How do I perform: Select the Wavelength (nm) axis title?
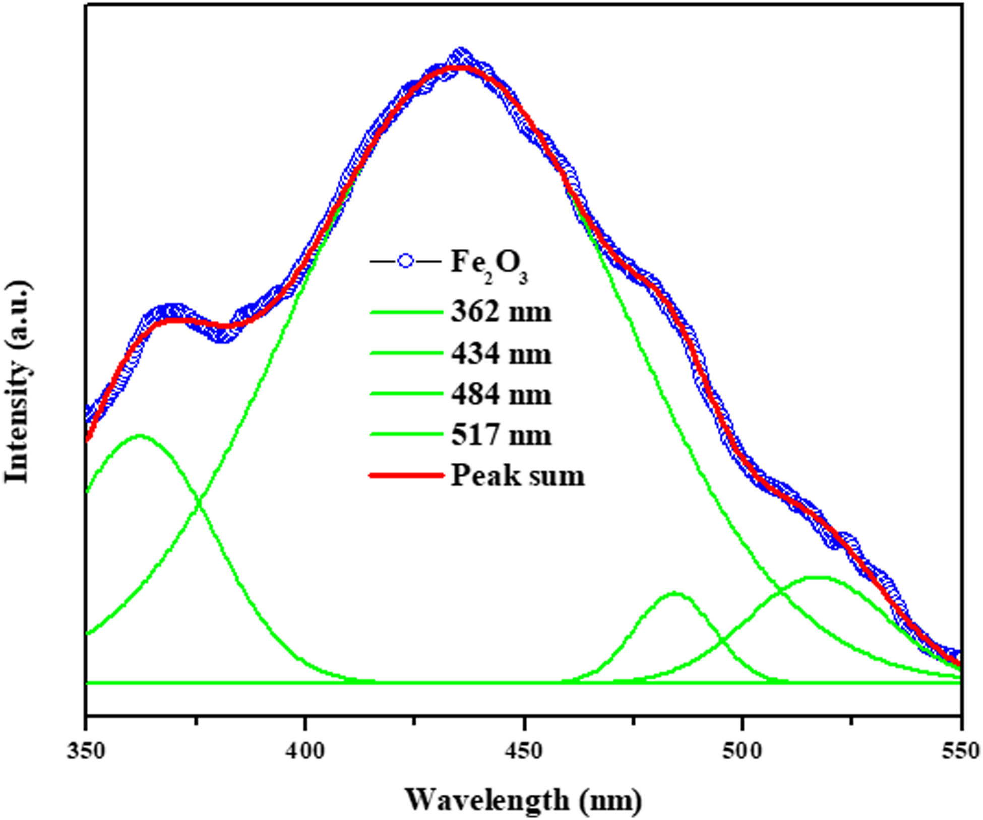coord(524,800)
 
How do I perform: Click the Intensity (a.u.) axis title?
coord(18,382)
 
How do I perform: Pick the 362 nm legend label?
coord(501,312)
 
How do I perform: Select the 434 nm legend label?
coord(501,354)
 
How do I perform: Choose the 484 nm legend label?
coord(501,394)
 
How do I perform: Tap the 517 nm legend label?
coord(501,435)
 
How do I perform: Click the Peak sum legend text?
coord(517,475)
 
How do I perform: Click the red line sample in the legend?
coord(406,475)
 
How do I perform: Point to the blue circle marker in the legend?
coord(406,261)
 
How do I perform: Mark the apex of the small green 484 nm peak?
coord(675,593)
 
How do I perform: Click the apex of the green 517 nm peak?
coord(819,577)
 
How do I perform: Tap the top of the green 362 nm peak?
coord(140,435)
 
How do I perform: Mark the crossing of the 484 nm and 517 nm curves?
coord(722,641)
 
